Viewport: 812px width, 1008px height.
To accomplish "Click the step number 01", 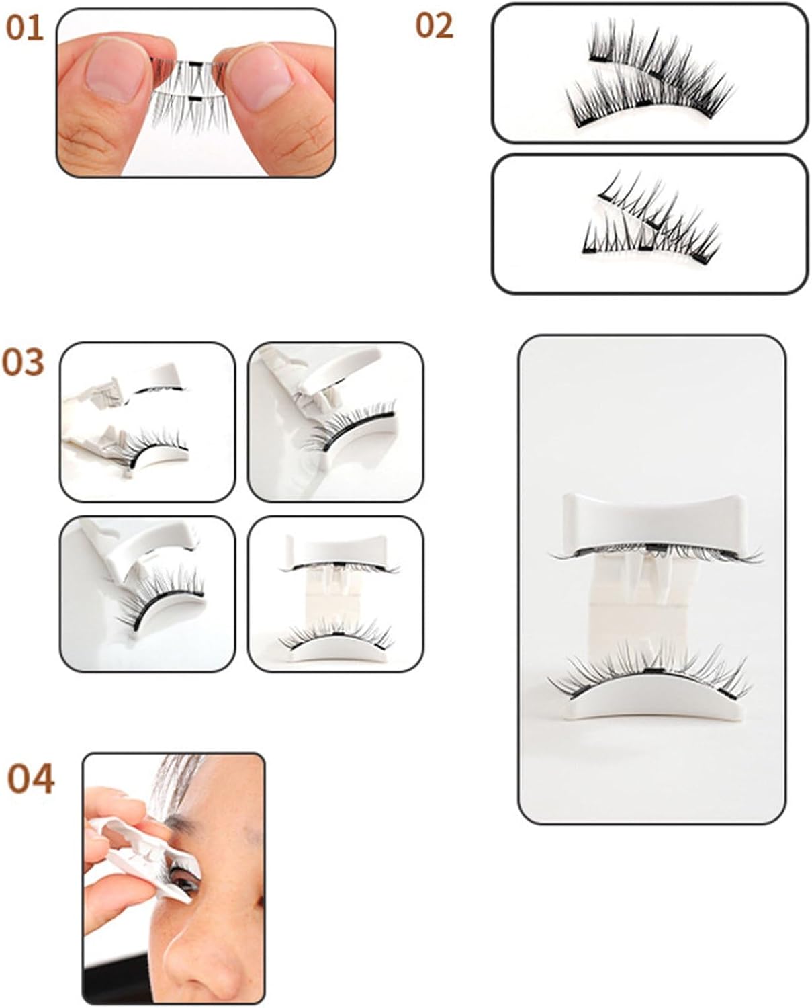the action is click(x=24, y=28).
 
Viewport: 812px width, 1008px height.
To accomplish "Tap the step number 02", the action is click(x=434, y=26).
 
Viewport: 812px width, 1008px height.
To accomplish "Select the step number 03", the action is click(x=24, y=362).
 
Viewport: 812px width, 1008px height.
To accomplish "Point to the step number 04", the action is click(x=30, y=779).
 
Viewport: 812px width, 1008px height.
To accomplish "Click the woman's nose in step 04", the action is click(x=206, y=951).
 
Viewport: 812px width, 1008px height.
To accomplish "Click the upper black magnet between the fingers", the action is click(x=195, y=62).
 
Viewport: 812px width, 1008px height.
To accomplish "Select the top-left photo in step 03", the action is click(x=148, y=421).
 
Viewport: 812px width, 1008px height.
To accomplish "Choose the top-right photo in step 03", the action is click(x=335, y=421).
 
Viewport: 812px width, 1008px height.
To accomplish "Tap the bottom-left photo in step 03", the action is click(x=148, y=594).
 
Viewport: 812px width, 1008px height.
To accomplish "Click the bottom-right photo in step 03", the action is click(x=335, y=594).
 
